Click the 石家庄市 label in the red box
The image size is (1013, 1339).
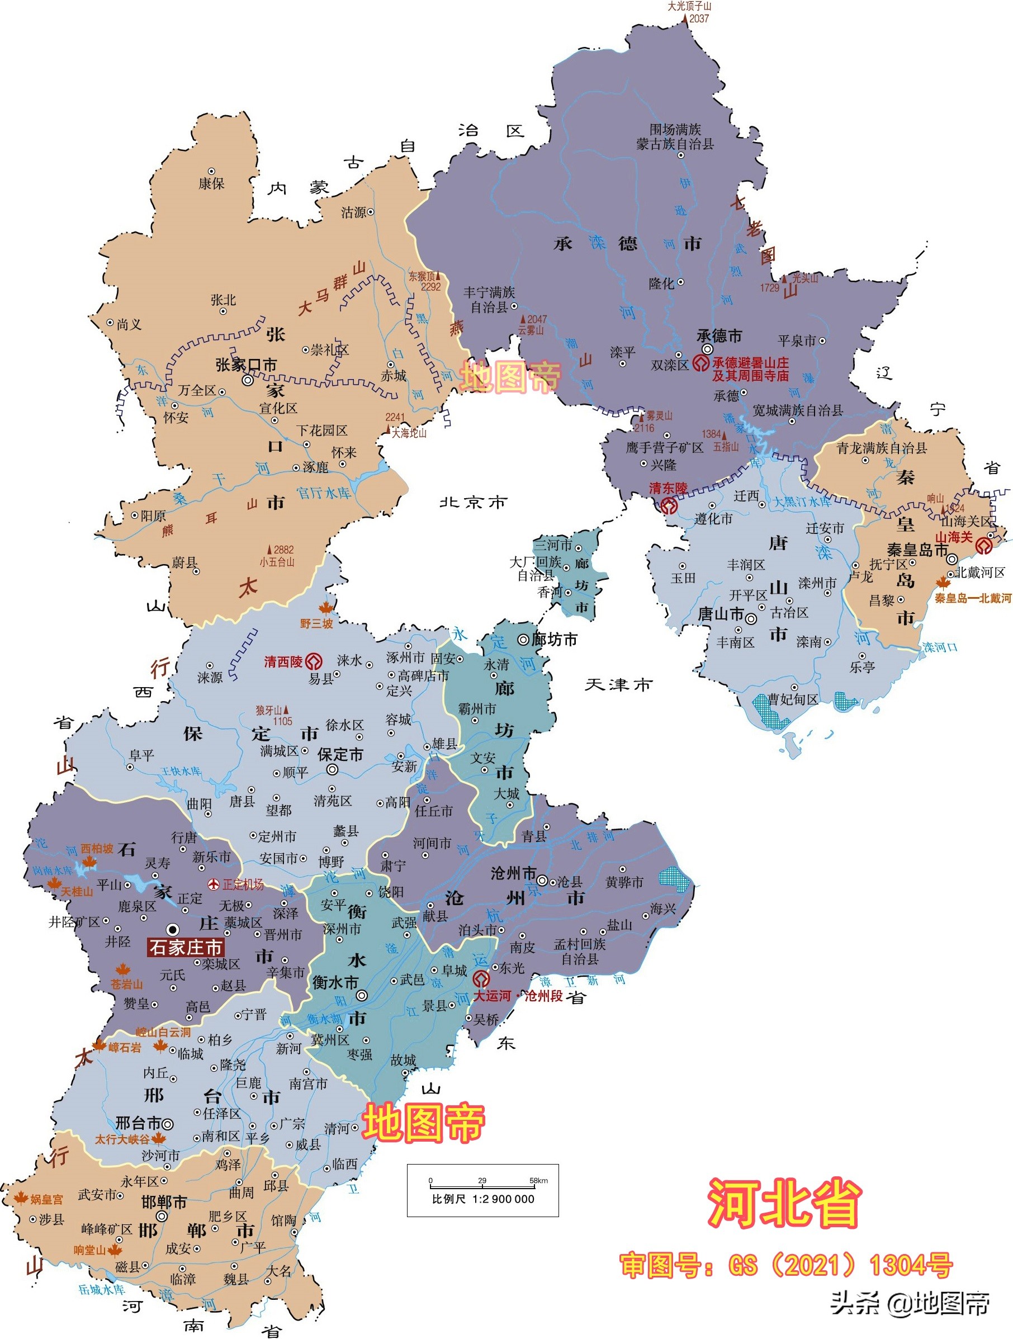(x=185, y=947)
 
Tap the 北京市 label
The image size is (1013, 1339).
(x=472, y=502)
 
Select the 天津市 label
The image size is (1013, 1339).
(x=618, y=685)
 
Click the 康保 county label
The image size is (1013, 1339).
(x=211, y=183)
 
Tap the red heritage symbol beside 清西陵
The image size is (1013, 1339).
(x=314, y=661)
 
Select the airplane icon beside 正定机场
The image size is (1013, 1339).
(x=213, y=884)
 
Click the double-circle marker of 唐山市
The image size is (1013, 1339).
(x=750, y=619)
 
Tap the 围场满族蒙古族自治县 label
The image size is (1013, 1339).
(x=675, y=137)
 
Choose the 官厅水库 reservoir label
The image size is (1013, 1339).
(x=323, y=493)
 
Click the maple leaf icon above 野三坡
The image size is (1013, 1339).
(x=326, y=607)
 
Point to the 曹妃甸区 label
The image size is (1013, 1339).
(x=793, y=700)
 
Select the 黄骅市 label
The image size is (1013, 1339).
(x=624, y=883)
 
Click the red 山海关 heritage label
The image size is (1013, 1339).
(x=954, y=537)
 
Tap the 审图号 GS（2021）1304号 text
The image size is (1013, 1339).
(x=785, y=1265)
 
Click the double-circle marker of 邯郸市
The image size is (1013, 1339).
(x=162, y=1217)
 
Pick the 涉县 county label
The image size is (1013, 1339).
(x=51, y=1219)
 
